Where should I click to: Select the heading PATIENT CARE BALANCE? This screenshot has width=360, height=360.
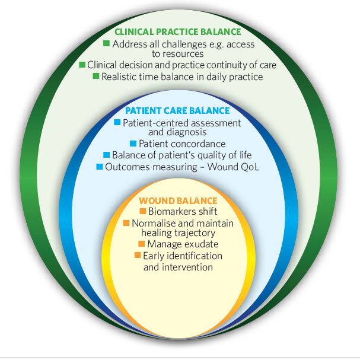177,111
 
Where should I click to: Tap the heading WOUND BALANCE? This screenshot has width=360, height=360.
177,201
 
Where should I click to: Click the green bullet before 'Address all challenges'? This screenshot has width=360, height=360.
106,44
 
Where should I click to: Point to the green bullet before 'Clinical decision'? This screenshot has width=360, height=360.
82,65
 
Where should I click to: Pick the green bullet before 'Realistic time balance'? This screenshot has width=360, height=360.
96,77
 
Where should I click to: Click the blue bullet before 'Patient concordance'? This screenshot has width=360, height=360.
133,144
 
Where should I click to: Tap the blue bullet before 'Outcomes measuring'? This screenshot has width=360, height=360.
99,167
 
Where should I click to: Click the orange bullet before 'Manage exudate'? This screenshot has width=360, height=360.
141,244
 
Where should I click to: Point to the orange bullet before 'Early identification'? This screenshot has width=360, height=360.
137,256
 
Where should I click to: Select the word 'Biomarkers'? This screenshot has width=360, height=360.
170,212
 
